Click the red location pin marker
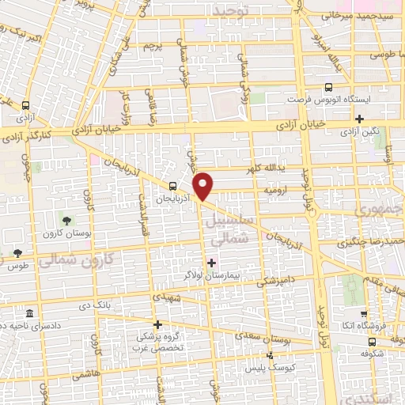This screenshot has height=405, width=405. click(204, 186)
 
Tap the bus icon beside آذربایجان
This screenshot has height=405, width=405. click(173, 187)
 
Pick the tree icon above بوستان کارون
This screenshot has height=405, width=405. click(66, 218)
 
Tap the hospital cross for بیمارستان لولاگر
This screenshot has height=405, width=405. click(210, 262)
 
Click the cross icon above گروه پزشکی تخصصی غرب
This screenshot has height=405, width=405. click(157, 324)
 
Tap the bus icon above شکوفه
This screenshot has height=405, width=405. click(371, 343)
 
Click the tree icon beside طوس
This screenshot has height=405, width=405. click(17, 253)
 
